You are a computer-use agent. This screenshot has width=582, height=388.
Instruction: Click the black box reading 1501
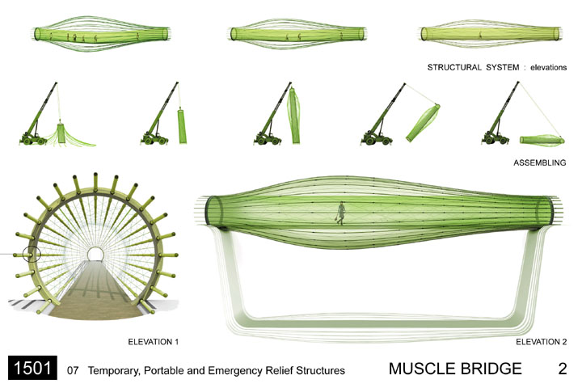coord(32,369)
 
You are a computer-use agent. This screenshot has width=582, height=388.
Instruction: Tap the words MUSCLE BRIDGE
coord(455,369)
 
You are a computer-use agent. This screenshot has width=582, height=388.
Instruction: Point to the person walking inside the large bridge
coord(342,212)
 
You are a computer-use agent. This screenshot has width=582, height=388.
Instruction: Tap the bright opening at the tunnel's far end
coord(95,253)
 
